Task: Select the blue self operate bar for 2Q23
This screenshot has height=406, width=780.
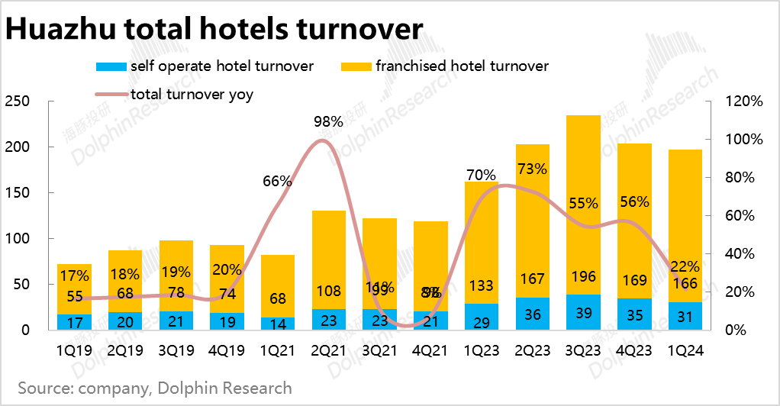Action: [533, 314]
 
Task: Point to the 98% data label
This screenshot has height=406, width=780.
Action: [328, 122]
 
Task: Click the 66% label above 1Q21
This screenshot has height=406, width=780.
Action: [277, 181]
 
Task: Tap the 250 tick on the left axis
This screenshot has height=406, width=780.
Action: [17, 101]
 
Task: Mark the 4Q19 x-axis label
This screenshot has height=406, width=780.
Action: [227, 352]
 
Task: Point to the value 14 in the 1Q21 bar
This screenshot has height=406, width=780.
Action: [277, 324]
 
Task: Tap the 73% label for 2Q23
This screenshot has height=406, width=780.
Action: [531, 169]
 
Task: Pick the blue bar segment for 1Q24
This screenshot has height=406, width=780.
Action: [685, 315]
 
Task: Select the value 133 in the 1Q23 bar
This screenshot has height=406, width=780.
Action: [481, 286]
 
